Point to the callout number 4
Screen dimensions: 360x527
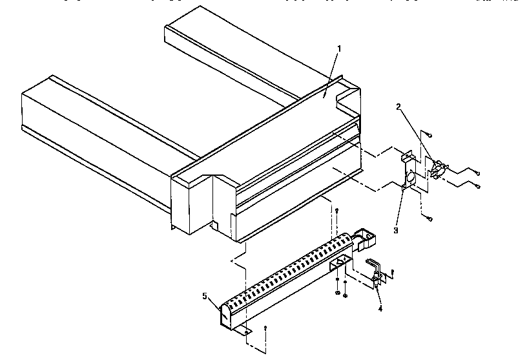pyautogui.click(x=380, y=309)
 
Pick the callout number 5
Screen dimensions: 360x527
pyautogui.click(x=206, y=296)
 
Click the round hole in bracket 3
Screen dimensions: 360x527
pyautogui.click(x=409, y=178)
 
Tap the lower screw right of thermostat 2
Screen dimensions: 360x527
pyautogui.click(x=477, y=187)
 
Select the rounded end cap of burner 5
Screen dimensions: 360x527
pyautogui.click(x=226, y=315)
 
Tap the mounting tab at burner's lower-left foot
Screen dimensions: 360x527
pyautogui.click(x=245, y=330)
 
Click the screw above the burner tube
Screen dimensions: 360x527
pyautogui.click(x=336, y=211)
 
